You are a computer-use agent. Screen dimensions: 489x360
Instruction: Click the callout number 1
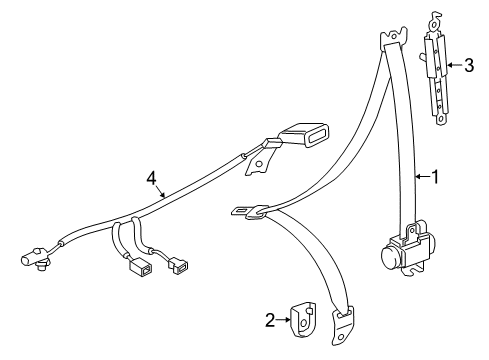pyautogui.click(x=435, y=176)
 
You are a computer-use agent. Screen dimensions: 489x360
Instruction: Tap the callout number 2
pyautogui.click(x=270, y=320)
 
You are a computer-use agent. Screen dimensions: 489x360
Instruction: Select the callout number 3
pyautogui.click(x=469, y=65)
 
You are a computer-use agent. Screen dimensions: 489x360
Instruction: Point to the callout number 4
pyautogui.click(x=151, y=179)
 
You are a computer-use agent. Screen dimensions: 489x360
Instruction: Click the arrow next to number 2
pyautogui.click(x=284, y=320)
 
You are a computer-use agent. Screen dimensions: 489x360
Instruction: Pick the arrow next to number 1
pyautogui.click(x=423, y=176)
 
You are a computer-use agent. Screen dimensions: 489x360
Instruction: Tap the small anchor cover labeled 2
pyautogui.click(x=303, y=320)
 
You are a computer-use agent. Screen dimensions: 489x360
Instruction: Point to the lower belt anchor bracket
pyautogui.click(x=342, y=326)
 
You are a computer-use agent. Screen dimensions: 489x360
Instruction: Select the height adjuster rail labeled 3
pyautogui.click(x=436, y=72)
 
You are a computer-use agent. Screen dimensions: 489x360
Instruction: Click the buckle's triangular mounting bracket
pyautogui.click(x=259, y=161)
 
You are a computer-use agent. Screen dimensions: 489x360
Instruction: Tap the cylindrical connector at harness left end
pyautogui.click(x=34, y=257)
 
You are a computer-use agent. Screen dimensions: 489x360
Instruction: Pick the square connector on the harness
pyautogui.click(x=140, y=268)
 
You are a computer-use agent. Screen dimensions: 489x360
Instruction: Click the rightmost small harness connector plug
pyautogui.click(x=178, y=266)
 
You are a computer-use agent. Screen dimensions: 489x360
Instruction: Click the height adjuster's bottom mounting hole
pyautogui.click(x=441, y=119)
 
